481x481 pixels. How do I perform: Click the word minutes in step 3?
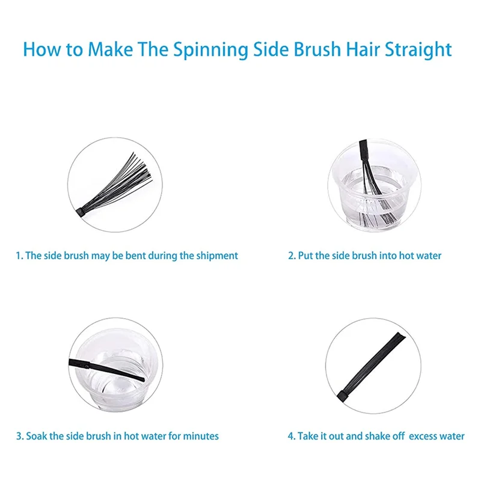[x=201, y=436]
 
